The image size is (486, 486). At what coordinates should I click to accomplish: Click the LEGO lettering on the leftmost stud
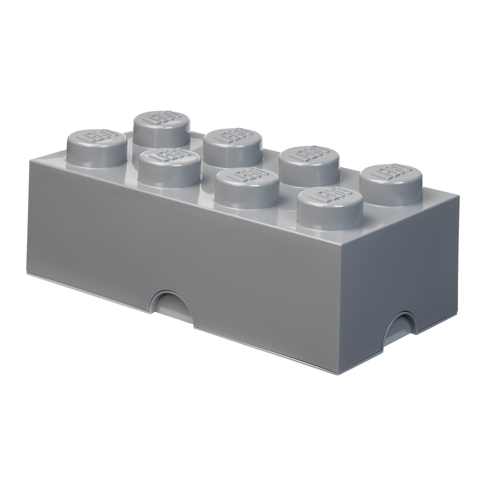click(x=97, y=136)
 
